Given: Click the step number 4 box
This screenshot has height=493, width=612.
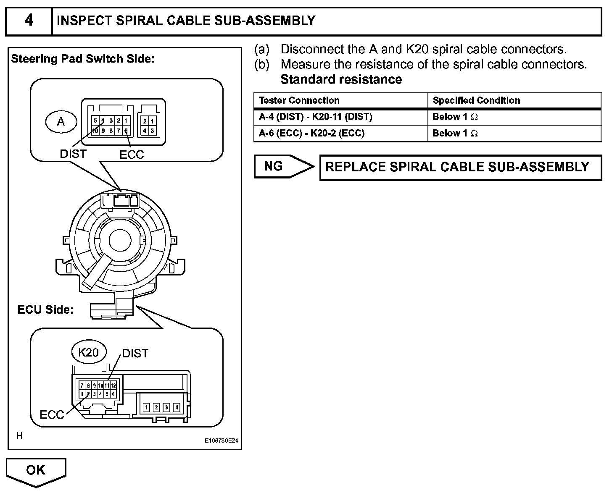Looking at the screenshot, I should (x=29, y=21).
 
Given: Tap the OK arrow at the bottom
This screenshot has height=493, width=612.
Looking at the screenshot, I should (x=36, y=470).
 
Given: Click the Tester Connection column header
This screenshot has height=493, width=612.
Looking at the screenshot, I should (x=299, y=100).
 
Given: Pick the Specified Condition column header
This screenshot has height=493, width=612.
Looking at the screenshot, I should (x=476, y=100).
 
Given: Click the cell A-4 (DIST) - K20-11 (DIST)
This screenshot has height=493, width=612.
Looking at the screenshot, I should (x=316, y=117).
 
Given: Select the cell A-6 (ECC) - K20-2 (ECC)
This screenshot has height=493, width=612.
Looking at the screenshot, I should (x=311, y=134).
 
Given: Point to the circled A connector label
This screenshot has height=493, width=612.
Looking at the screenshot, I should (x=61, y=122).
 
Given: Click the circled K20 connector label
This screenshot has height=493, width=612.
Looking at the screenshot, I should (x=88, y=352).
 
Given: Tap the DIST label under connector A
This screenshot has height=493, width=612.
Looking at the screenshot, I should (x=73, y=154).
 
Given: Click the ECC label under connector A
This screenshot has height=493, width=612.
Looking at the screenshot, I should (x=132, y=155).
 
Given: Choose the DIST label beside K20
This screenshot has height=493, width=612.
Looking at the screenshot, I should (x=135, y=354).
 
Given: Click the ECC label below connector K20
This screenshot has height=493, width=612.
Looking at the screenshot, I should (x=52, y=414).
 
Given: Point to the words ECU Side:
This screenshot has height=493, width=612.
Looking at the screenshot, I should (x=45, y=310).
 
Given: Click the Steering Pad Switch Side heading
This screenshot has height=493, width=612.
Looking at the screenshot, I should (x=83, y=59).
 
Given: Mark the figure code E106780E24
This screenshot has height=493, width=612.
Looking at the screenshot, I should (x=222, y=441).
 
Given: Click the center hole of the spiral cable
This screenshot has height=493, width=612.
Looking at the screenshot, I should (x=121, y=240).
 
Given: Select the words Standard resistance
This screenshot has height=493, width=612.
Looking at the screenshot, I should (x=341, y=79).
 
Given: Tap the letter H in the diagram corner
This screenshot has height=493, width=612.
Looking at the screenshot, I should (x=20, y=436).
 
